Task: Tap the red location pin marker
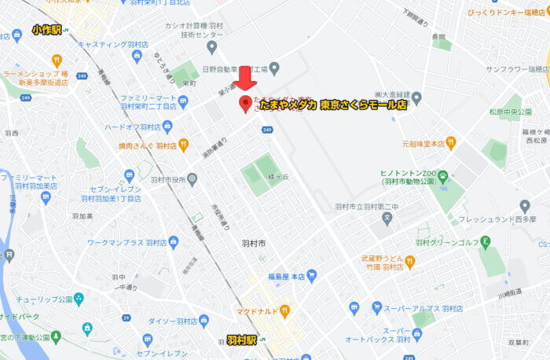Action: [x=245, y=104]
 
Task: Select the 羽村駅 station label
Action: [x=241, y=340]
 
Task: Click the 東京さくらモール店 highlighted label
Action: [x=362, y=105]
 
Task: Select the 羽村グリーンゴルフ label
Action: [x=448, y=242]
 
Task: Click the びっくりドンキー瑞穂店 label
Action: [x=506, y=13]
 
